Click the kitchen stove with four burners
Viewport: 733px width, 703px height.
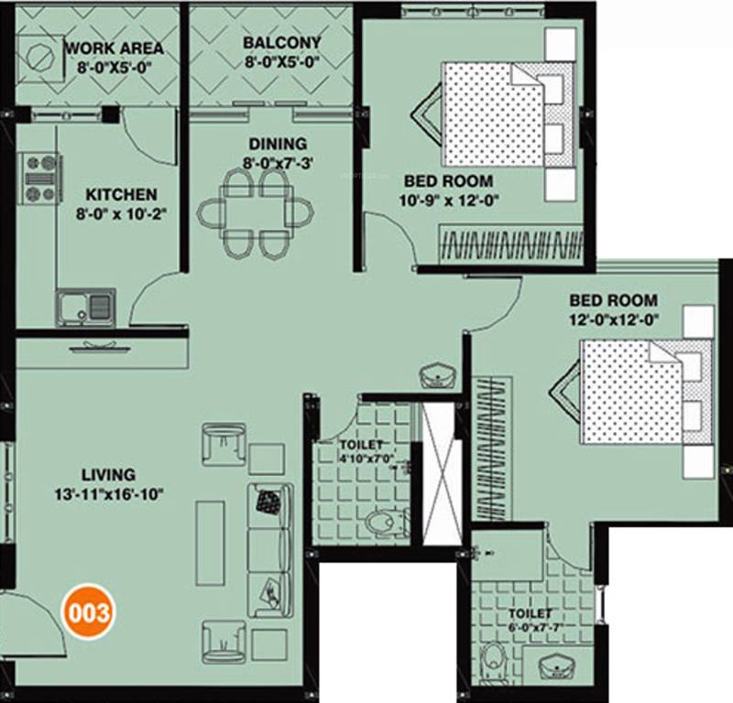pos(40,178)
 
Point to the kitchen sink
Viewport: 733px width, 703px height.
pos(85,305)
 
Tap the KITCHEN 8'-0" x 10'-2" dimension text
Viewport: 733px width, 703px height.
pos(121,204)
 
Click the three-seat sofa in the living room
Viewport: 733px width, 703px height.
pos(269,550)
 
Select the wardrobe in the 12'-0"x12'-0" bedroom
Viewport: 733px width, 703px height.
pos(493,449)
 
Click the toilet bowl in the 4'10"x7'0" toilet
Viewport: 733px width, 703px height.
pos(386,523)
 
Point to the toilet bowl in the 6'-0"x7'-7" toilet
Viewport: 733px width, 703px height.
pos(493,661)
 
